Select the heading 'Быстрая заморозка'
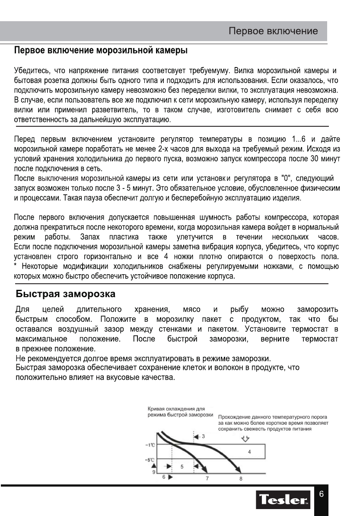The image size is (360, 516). click(x=65, y=295)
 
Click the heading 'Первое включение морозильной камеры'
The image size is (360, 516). click(x=101, y=51)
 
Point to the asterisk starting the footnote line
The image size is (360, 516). click(x=16, y=266)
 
